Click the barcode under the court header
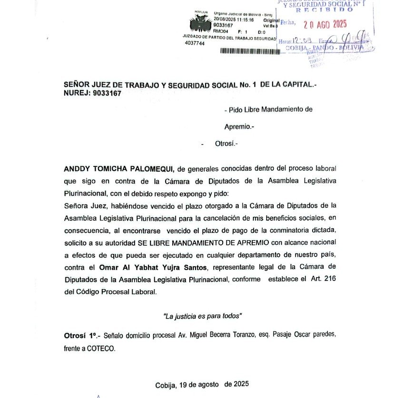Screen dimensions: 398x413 pyautogui.click(x=247, y=51)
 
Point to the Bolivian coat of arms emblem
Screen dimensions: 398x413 pyautogui.click(x=200, y=23)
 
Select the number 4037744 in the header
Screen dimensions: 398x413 pyautogui.click(x=195, y=43)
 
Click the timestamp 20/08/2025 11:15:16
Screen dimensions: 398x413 pyautogui.click(x=234, y=20)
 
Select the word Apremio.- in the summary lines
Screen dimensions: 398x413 pyautogui.click(x=239, y=127)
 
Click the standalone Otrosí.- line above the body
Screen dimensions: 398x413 pyautogui.click(x=226, y=143)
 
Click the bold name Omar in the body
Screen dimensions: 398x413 pyautogui.click(x=108, y=267)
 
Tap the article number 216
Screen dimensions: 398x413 pyautogui.click(x=330, y=280)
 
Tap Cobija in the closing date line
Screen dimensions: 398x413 pyautogui.click(x=166, y=385)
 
